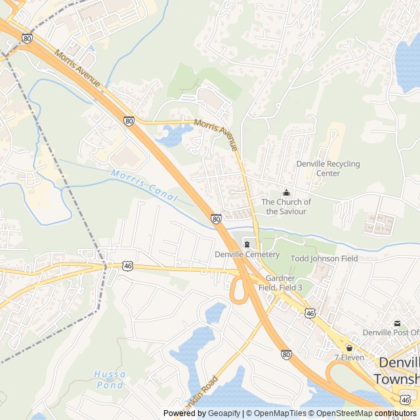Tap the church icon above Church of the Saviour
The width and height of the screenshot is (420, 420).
pyautogui.click(x=285, y=193)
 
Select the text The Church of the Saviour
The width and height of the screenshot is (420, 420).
pyautogui.click(x=286, y=207)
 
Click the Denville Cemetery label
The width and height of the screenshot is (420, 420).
pyautogui.click(x=247, y=255)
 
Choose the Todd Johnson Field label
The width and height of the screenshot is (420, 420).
pyautogui.click(x=324, y=259)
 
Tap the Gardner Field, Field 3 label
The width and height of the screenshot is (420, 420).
pyautogui.click(x=280, y=283)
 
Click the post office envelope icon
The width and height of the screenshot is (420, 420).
pyautogui.click(x=397, y=323)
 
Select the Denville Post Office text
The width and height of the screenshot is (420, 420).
pyautogui.click(x=390, y=333)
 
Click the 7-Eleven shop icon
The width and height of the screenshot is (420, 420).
pyautogui.click(x=349, y=348)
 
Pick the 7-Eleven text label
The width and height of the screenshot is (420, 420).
pyautogui.click(x=349, y=358)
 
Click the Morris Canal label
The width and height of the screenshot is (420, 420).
pyautogui.click(x=144, y=186)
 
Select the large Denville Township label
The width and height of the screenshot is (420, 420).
pyautogui.click(x=396, y=371)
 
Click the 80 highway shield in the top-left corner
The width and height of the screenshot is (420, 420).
pyautogui.click(x=27, y=39)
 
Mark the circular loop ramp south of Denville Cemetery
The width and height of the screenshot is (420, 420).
pyautogui.click(x=238, y=290)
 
